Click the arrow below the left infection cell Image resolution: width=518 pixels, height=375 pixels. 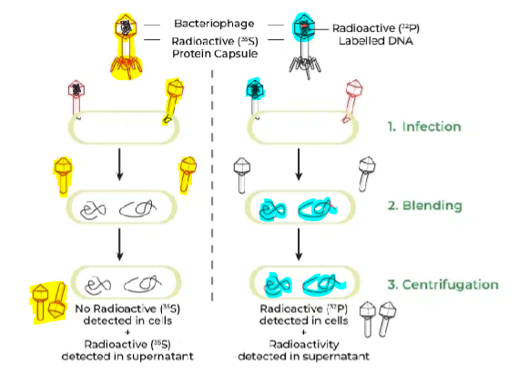(x=119, y=166)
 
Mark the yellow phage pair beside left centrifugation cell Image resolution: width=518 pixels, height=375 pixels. (x=46, y=298)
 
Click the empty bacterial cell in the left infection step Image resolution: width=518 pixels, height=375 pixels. (x=119, y=128)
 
